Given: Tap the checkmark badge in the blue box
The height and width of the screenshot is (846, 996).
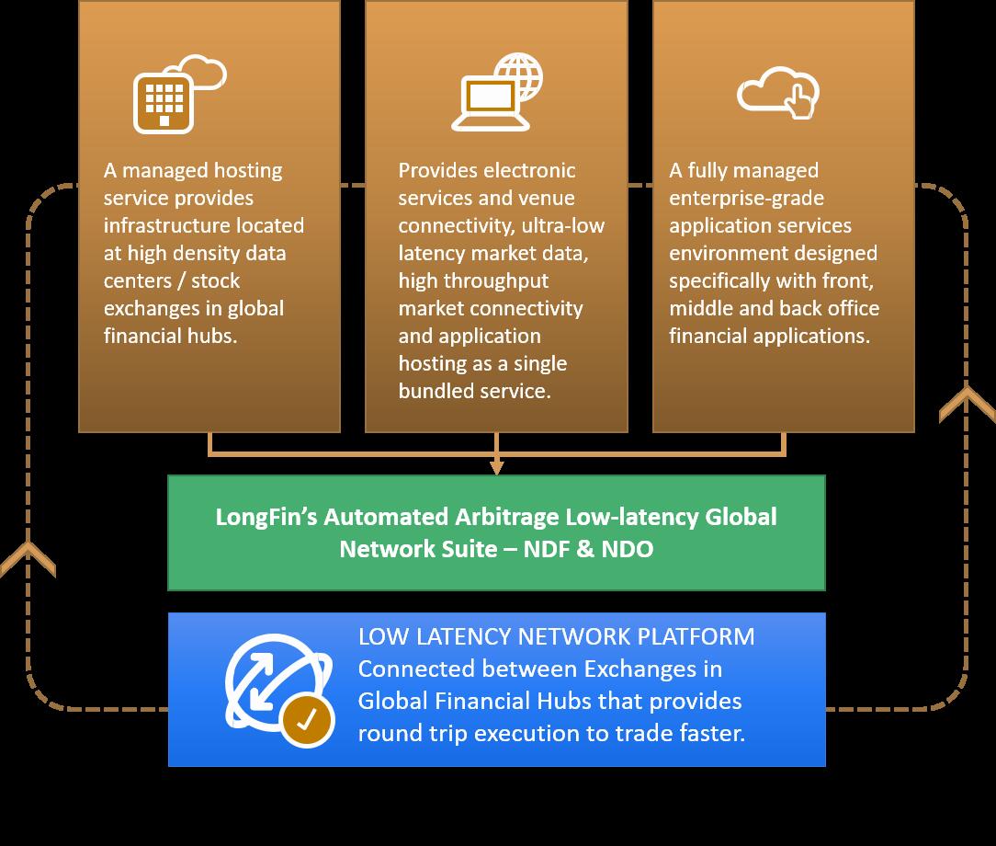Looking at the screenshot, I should point(306,720).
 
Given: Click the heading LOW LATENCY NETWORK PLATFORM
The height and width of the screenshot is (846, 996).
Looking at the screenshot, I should point(557,636).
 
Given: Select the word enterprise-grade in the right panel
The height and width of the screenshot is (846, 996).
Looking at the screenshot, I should point(747,198).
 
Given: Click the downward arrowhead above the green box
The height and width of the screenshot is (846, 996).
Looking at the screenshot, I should point(496,466).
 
